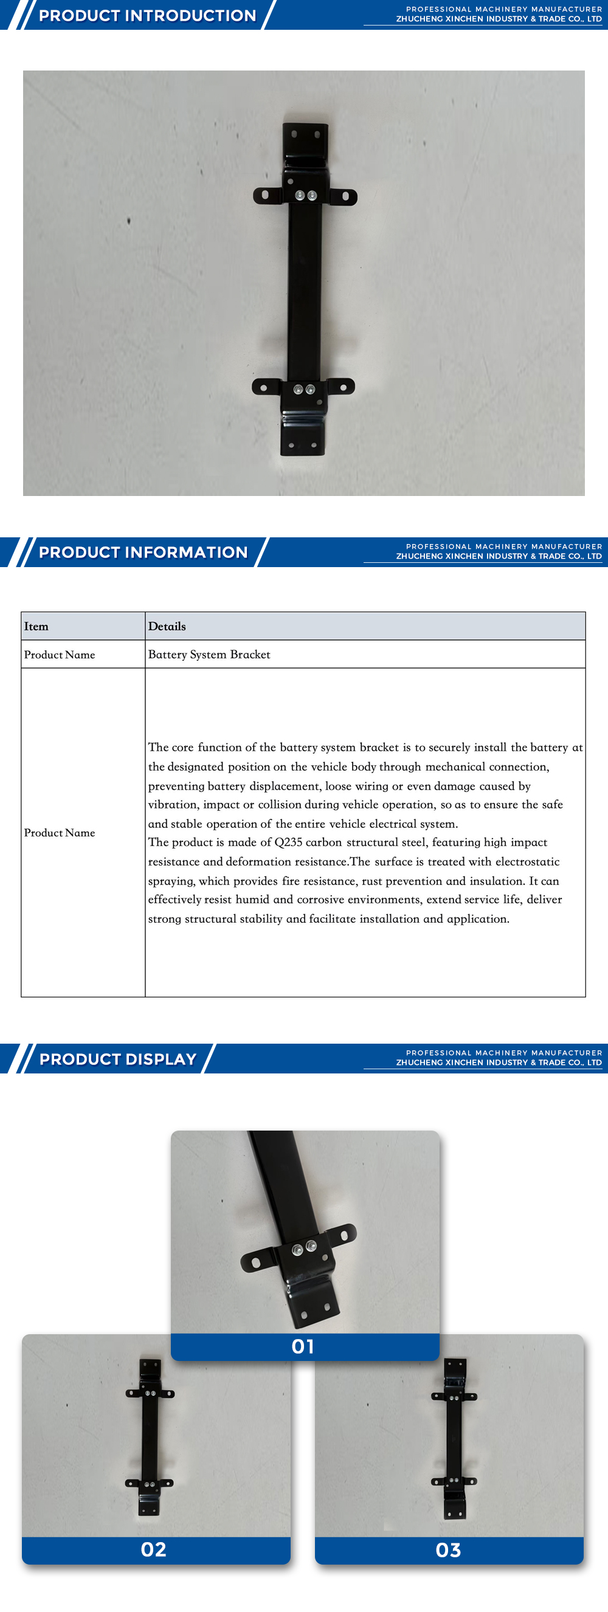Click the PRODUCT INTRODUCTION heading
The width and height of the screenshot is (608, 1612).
[x=147, y=16]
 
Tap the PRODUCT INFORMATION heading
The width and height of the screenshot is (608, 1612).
[x=143, y=552]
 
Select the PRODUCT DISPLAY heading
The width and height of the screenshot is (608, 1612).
[x=118, y=1059]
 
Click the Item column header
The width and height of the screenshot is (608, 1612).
[x=36, y=627]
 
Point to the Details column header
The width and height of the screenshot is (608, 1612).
[x=167, y=627]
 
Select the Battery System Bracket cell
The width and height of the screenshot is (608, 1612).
[x=209, y=655]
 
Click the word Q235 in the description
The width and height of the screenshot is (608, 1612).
[x=288, y=842]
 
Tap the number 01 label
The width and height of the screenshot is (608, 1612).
[x=303, y=1346]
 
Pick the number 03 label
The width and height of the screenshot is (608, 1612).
[x=448, y=1549]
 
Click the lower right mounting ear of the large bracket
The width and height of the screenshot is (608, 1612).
[x=340, y=387]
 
